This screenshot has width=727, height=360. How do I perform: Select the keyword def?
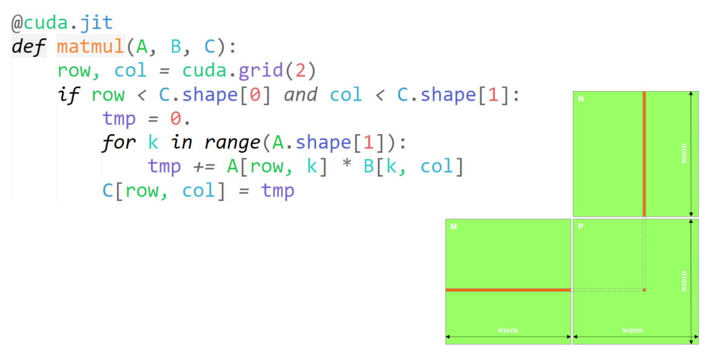28,47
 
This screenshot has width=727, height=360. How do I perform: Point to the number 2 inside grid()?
300,70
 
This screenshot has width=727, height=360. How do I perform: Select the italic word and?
300,95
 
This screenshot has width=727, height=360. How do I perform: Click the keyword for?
119,143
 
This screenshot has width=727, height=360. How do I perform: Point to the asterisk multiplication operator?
345,166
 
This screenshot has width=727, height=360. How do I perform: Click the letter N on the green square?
580,99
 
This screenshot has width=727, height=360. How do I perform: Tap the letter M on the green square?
453,227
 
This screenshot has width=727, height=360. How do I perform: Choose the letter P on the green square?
580,227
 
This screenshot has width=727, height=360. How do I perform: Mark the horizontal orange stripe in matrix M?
508,290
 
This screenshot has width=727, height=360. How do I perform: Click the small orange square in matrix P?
644,290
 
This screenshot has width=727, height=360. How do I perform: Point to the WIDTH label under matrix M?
507,331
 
